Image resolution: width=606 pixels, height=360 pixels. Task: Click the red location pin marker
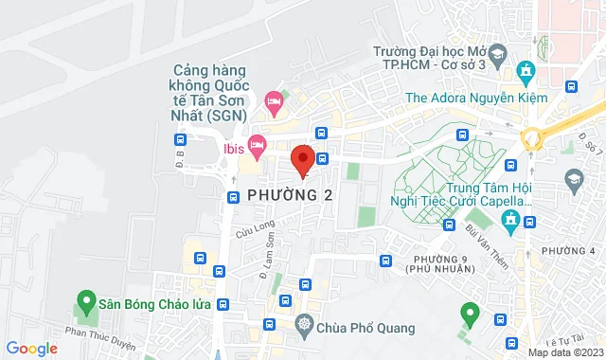point(303,161)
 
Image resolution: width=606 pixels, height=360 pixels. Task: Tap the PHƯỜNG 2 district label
point(291,194)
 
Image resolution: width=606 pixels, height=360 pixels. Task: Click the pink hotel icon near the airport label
point(274,99)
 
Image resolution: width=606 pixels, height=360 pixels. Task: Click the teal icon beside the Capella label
point(511,222)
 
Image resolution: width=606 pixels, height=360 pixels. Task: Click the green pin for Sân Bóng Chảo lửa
point(84,305)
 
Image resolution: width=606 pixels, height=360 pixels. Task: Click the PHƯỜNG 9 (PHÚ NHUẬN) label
point(440,264)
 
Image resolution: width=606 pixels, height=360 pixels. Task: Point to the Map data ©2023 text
point(563,352)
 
